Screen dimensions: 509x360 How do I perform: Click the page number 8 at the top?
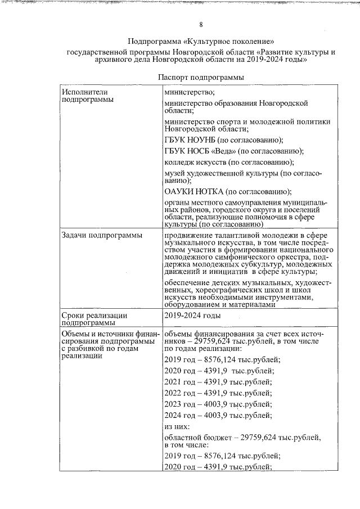tap(201, 24)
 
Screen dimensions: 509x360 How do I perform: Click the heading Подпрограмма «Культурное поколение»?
tap(201, 42)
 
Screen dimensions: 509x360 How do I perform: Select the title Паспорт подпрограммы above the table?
tap(201, 76)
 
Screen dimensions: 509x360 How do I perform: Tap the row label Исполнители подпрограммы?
tap(85, 95)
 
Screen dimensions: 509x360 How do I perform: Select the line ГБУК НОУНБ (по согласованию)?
tap(223, 140)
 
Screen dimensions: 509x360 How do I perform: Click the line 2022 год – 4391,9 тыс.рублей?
tap(218, 393)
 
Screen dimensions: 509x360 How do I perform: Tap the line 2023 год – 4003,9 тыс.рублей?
tap(218, 404)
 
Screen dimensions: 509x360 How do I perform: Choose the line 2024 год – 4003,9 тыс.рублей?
tap(218, 416)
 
